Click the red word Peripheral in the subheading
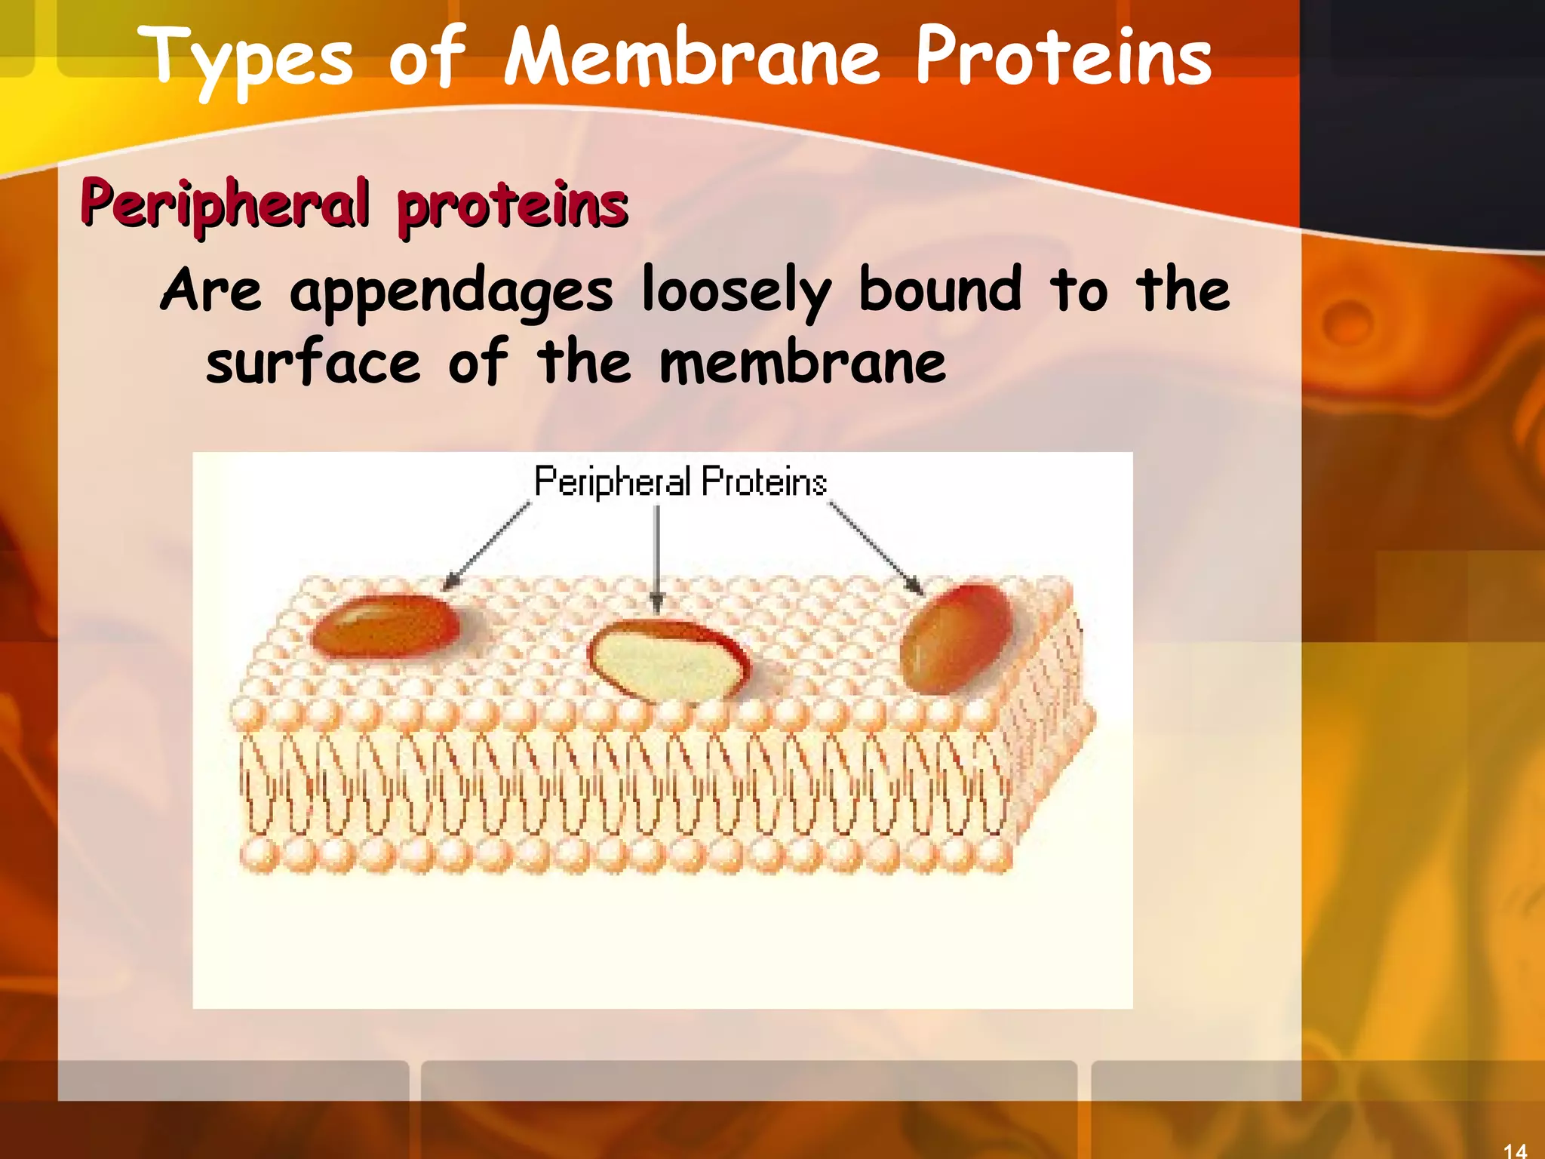[x=226, y=204]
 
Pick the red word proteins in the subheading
[x=512, y=204]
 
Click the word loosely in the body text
[x=736, y=292]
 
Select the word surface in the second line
[x=312, y=363]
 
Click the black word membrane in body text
[x=802, y=363]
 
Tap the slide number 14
[x=1515, y=1150]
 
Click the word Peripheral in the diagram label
[x=612, y=481]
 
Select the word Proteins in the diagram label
[x=763, y=481]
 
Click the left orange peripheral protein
[x=385, y=626]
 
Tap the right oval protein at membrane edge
[x=957, y=638]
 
